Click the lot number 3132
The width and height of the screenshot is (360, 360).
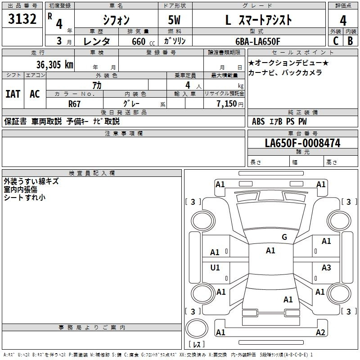[x=22, y=19]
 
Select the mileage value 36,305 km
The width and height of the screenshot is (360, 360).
[x=55, y=65]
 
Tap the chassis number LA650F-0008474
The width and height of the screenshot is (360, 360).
[x=302, y=143]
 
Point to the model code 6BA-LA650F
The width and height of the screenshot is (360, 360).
[x=258, y=41]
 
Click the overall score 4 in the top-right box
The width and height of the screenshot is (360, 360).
[x=343, y=21]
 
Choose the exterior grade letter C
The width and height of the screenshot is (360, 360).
[x=336, y=41]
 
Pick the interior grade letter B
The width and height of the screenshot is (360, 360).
[x=350, y=41]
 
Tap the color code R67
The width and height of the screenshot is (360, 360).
[x=74, y=104]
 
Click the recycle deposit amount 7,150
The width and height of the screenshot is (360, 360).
[x=227, y=103]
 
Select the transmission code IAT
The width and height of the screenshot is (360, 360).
[x=13, y=94]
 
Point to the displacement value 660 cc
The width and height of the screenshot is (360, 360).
[x=143, y=42]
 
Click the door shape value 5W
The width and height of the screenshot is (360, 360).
[x=174, y=20]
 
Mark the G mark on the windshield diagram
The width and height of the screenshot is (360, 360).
[x=284, y=237]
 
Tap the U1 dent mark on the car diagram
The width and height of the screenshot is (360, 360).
[x=215, y=267]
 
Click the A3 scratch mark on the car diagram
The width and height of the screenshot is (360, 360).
[x=326, y=267]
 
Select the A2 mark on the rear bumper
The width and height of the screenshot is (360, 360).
[x=320, y=332]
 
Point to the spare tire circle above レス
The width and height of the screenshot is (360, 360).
[x=197, y=328]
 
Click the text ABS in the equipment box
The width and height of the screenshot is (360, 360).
[x=258, y=121]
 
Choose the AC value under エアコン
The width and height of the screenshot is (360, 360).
[x=35, y=94]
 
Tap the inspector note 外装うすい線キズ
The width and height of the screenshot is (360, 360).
[x=31, y=181]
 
